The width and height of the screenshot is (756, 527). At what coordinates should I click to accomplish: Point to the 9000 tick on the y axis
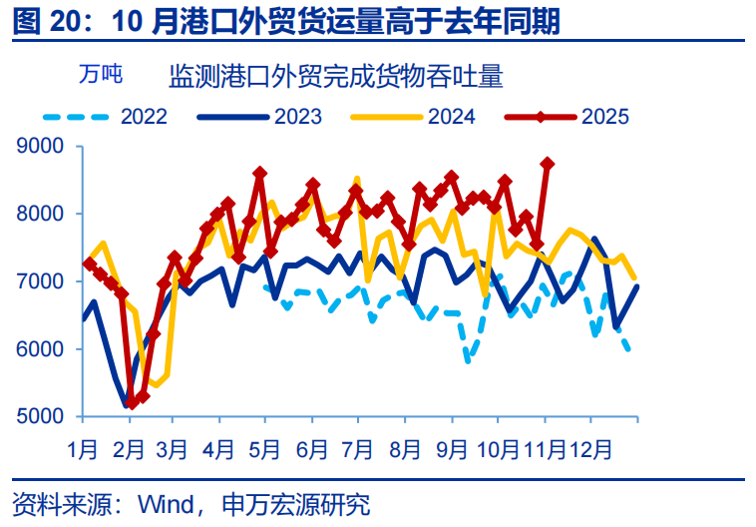(41, 147)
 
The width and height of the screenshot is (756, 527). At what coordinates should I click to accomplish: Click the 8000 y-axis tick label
(41, 215)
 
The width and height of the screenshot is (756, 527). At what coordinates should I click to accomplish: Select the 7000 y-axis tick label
(41, 282)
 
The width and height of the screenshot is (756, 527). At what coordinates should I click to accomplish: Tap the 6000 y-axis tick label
(41, 349)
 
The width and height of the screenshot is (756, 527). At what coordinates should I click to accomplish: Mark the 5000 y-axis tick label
(41, 417)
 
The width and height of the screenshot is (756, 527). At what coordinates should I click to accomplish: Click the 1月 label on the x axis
(83, 449)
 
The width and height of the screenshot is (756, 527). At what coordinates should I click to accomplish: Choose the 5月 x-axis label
(264, 449)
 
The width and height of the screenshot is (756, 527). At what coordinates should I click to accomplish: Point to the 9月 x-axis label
(453, 449)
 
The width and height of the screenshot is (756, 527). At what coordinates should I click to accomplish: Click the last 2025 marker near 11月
(547, 163)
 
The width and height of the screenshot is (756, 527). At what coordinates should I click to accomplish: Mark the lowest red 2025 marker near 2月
(132, 403)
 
